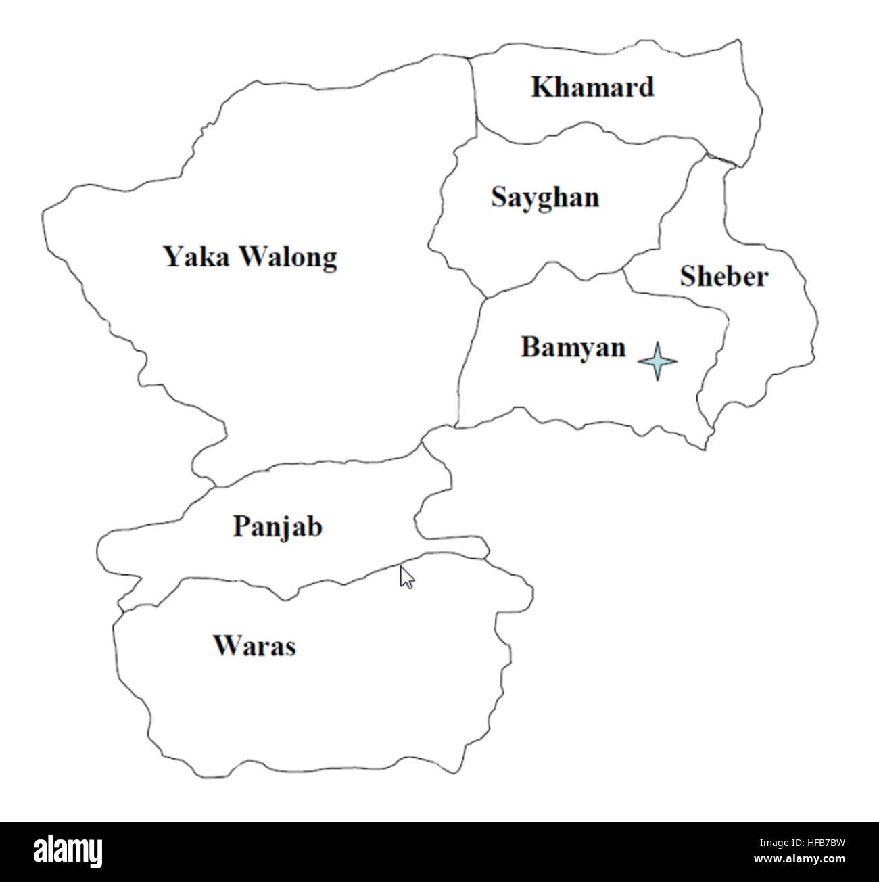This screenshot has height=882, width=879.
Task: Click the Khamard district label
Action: pos(592,87)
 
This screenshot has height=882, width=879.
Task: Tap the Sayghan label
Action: pos(545,198)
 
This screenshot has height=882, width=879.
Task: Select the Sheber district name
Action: pos(724,277)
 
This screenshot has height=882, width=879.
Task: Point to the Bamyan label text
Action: pos(573,348)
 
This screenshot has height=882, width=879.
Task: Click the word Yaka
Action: pos(197,257)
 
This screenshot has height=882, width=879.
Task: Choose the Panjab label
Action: pos(277,526)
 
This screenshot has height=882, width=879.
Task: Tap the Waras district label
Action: pos(254,646)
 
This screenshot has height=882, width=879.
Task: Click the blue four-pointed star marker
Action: pos(657,361)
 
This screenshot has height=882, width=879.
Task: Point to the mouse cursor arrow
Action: pos(406,577)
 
